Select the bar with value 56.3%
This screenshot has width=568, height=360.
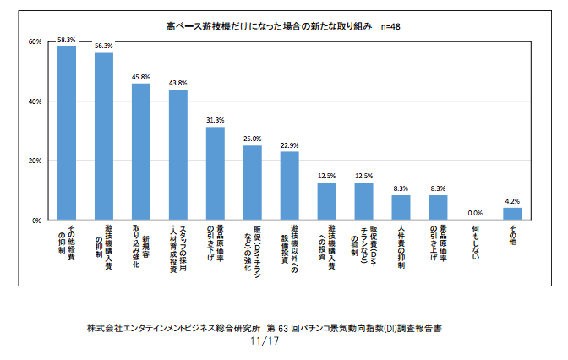click(x=103, y=136)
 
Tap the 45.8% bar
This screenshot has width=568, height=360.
click(x=140, y=151)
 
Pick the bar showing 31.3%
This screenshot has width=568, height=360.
click(x=215, y=173)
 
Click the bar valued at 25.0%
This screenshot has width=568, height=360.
click(x=252, y=183)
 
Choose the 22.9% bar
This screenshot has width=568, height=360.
click(x=289, y=186)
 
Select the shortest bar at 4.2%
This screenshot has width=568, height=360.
click(x=512, y=214)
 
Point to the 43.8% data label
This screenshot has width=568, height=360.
click(x=177, y=83)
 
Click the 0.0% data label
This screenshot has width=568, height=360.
click(x=475, y=213)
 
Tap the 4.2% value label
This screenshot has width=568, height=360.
click(x=512, y=200)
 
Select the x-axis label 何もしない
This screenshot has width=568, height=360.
click(x=475, y=238)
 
